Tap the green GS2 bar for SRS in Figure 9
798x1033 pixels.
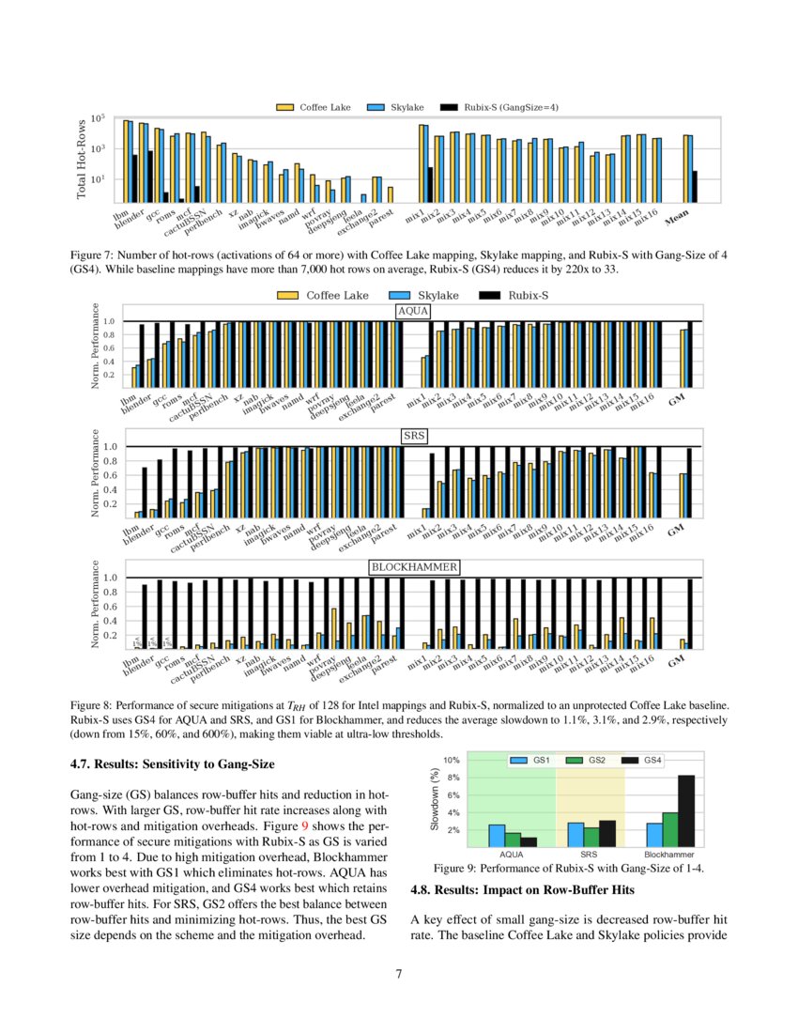[590, 836]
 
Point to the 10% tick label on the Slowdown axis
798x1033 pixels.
[451, 760]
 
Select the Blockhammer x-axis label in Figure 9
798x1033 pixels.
[668, 856]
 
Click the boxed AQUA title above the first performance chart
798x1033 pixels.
[413, 310]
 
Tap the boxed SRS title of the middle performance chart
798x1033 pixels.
[413, 436]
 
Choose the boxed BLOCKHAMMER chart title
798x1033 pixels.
[413, 567]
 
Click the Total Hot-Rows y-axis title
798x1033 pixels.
[83, 160]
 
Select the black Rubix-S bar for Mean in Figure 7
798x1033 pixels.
[695, 186]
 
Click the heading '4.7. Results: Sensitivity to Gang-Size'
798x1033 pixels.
[172, 764]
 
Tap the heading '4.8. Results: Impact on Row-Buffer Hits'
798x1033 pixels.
[523, 889]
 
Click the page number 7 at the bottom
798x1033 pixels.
[399, 974]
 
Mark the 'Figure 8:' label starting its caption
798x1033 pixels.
[91, 702]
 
